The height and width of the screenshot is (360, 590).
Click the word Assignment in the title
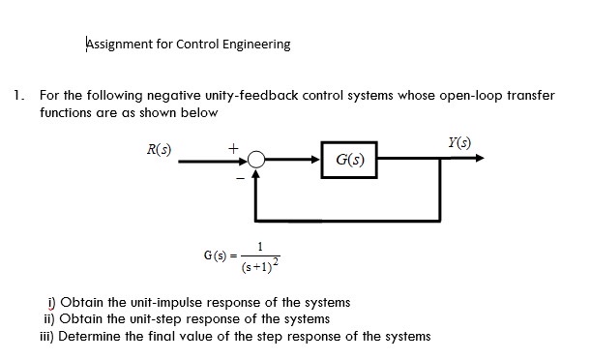(119, 44)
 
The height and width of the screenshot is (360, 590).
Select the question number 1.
(17, 96)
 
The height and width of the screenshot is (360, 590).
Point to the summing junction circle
(255, 162)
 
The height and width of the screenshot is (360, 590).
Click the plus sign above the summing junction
(233, 147)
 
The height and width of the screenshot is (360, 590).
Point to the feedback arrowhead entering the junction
(255, 176)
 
